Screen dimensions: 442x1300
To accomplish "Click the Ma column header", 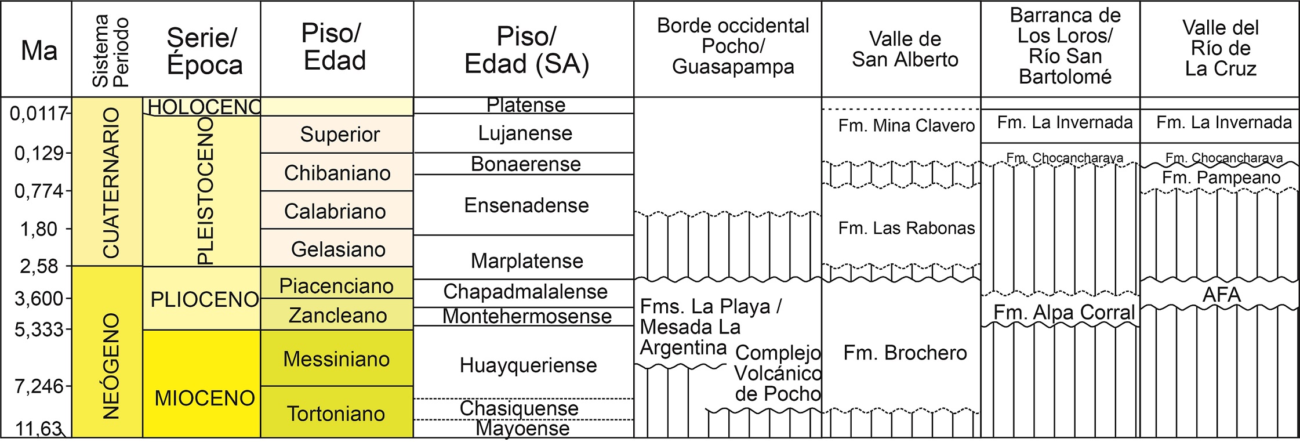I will click(x=39, y=51).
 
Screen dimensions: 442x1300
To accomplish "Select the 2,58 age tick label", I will click(x=39, y=266).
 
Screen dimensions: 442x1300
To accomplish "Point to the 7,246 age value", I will click(x=39, y=386).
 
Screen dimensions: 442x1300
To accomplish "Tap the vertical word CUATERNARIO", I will click(x=110, y=182).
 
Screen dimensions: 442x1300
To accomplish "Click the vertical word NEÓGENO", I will click(x=110, y=366).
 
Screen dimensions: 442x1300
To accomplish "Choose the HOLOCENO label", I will click(x=204, y=107).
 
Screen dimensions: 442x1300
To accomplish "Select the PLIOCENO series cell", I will click(x=204, y=299).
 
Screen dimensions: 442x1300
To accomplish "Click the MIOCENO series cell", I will click(x=204, y=398).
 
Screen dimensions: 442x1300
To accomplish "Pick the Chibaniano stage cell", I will click(x=337, y=173).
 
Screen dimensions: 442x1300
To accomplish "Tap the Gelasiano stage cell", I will click(x=338, y=249).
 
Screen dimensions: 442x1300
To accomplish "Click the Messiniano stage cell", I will click(x=336, y=359).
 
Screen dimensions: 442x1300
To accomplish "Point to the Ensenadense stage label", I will click(x=526, y=205).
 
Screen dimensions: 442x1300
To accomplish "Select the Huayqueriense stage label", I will click(x=528, y=365).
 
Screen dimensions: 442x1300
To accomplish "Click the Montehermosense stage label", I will click(x=526, y=316).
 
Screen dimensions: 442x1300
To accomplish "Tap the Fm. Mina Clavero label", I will click(x=906, y=125).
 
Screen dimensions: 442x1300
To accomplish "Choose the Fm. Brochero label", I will click(x=905, y=353).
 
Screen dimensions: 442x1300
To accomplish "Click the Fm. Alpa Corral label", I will click(x=1064, y=312).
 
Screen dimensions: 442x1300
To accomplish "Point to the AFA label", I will click(x=1221, y=295).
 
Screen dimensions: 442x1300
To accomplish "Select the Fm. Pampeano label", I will click(x=1221, y=177).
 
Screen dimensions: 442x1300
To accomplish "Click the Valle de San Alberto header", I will click(x=905, y=49).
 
